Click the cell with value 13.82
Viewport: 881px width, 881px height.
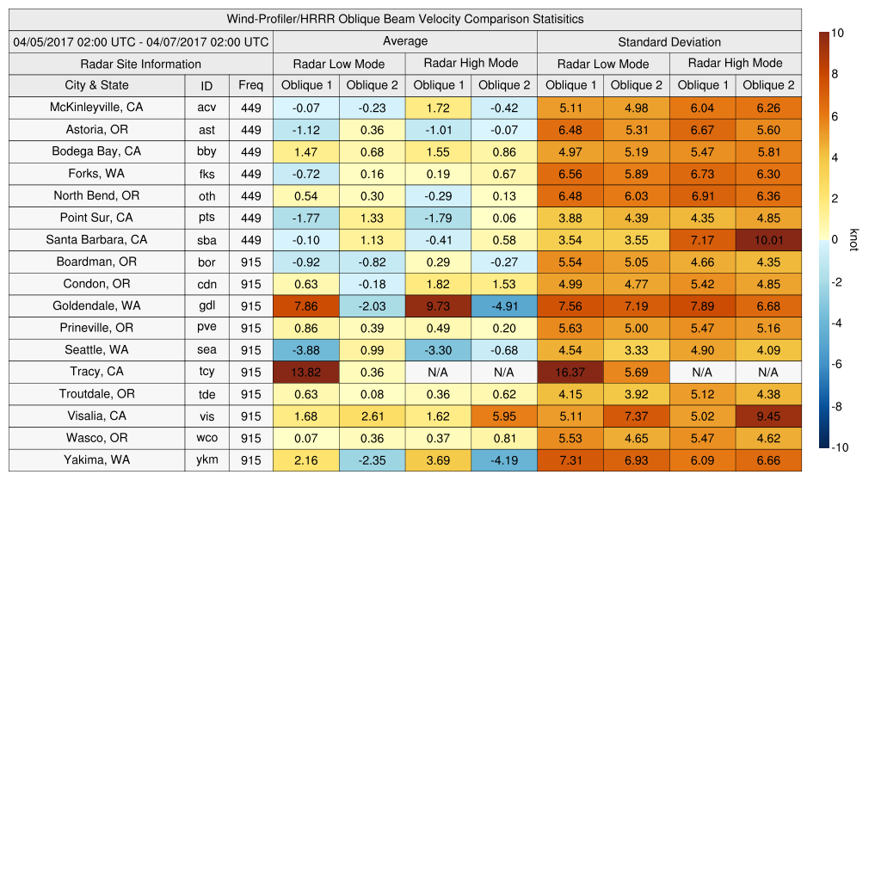click(x=305, y=372)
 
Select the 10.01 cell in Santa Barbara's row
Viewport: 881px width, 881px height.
click(x=768, y=240)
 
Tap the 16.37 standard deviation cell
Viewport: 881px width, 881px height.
click(x=570, y=372)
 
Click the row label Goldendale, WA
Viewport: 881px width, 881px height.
click(x=96, y=305)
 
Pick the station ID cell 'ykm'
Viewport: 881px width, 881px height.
click(x=206, y=459)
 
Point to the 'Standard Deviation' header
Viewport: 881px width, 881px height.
click(x=669, y=41)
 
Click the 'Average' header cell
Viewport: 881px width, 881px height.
click(x=404, y=41)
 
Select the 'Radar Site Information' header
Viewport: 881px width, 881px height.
click(x=140, y=64)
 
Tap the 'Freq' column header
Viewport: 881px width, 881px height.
click(x=250, y=85)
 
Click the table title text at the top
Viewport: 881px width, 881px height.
click(x=404, y=19)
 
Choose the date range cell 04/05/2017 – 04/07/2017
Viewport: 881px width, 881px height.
click(x=140, y=41)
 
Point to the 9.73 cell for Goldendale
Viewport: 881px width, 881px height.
click(x=438, y=305)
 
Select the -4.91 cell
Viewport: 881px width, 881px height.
click(x=503, y=305)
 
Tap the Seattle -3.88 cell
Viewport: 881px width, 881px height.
click(x=305, y=350)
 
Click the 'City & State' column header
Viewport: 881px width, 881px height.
click(x=96, y=85)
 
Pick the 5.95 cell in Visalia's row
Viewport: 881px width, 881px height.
click(x=503, y=416)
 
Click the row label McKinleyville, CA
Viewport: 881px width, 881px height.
click(x=96, y=108)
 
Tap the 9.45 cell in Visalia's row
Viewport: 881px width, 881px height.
click(x=768, y=416)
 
